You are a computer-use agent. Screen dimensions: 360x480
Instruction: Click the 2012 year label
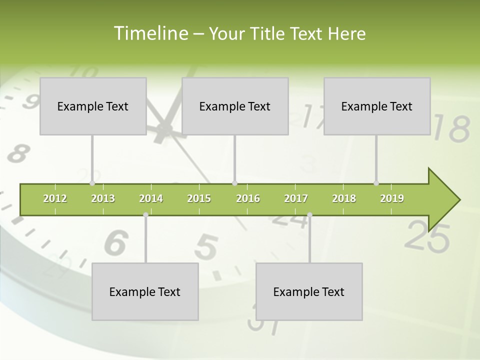(55, 198)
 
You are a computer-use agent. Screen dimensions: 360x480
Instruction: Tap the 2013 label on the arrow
(103, 198)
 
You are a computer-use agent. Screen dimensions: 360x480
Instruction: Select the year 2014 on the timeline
(151, 198)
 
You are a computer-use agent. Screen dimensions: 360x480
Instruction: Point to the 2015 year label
(199, 198)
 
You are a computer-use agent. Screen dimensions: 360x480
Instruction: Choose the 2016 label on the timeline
(248, 198)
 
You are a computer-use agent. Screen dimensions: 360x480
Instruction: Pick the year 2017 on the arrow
(296, 198)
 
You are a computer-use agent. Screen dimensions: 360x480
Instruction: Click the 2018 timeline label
(344, 198)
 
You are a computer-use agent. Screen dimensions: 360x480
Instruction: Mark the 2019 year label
(392, 198)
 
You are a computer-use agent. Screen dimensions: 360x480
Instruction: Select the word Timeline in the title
(150, 33)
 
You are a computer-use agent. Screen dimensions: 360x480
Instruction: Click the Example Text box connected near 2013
(93, 106)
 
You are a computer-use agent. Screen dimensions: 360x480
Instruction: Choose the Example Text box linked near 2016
(235, 106)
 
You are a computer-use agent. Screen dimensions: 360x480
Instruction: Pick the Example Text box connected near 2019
(377, 106)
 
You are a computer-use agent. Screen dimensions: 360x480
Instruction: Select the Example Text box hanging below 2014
(145, 291)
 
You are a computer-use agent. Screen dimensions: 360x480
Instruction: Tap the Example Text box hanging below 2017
(309, 291)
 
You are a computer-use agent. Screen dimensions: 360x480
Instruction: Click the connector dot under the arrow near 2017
(309, 214)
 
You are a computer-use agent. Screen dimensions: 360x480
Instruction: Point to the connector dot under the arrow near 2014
(145, 214)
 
